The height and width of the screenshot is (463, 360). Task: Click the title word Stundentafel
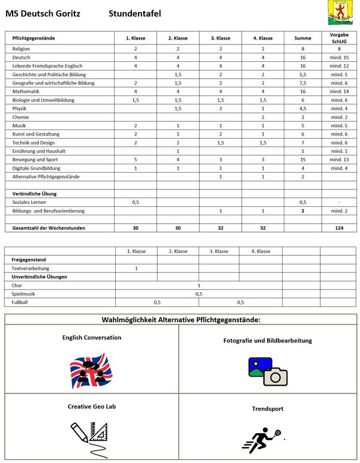point(135,13)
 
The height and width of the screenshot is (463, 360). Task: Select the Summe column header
point(302,38)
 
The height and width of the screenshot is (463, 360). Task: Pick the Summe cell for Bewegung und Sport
point(302,160)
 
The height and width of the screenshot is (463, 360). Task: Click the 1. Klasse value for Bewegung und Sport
point(136,160)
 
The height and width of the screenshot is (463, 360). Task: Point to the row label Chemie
point(20,117)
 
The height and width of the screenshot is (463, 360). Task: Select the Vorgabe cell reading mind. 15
point(340,57)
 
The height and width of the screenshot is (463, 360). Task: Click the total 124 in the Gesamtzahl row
point(340,228)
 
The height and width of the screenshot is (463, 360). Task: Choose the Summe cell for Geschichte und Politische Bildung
point(302,74)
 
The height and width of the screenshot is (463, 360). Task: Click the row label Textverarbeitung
point(31,268)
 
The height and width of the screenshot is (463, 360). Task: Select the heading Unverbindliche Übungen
point(40,276)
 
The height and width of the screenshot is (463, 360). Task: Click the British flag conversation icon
point(91,369)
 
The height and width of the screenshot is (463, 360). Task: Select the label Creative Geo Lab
point(91,406)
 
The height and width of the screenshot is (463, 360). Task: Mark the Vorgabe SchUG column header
point(340,37)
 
